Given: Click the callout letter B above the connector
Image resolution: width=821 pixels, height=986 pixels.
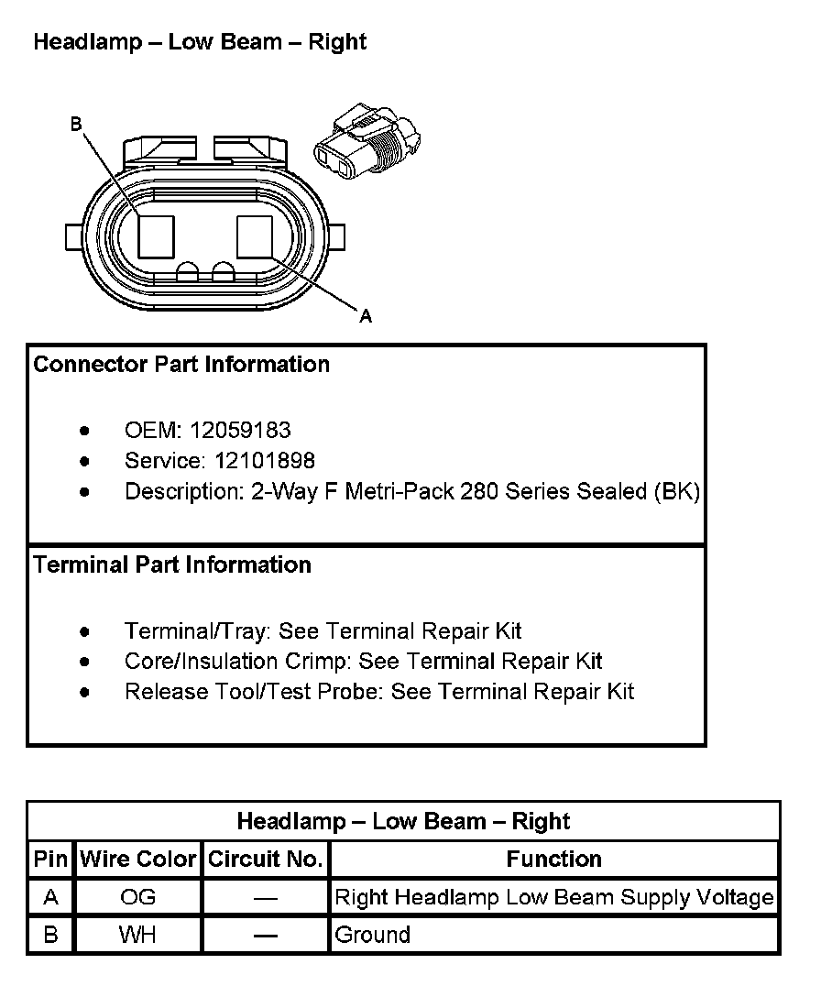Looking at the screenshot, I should tap(76, 124).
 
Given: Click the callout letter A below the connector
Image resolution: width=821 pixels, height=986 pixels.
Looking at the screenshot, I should tap(366, 316).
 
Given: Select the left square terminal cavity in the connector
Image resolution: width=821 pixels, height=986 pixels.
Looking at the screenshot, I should tap(157, 236).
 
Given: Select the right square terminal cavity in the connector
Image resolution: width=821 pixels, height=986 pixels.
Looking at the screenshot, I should tap(255, 236).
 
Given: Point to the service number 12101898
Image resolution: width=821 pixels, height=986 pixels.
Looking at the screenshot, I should tap(265, 460).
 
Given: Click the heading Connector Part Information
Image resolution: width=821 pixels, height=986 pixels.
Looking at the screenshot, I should tap(181, 365).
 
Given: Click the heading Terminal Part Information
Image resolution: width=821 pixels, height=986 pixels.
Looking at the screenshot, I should tap(172, 565).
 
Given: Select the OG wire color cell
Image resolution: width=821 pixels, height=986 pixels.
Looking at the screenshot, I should tap(138, 897).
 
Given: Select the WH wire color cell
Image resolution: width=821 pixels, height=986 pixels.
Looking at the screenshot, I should tap(138, 936).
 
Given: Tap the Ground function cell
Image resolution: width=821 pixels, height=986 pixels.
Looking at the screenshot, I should tap(373, 936).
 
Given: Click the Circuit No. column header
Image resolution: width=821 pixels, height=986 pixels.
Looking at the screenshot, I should tap(266, 860).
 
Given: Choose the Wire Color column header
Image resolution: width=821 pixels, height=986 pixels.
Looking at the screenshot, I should tap(138, 860).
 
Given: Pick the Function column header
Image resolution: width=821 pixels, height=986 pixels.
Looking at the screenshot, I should tap(553, 860).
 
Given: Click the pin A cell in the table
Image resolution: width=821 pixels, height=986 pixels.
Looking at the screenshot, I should tap(51, 897).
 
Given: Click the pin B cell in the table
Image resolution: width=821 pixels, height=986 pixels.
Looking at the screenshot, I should tap(51, 936).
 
